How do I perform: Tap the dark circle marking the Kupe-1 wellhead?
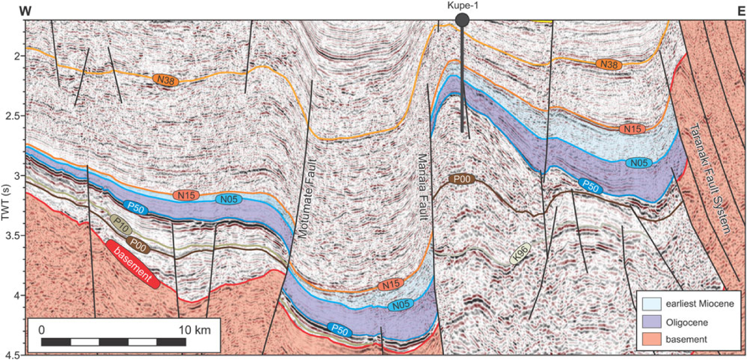tap(462, 20)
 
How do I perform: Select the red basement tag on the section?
tap(133, 264)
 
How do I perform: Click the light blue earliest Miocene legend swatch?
tap(653, 304)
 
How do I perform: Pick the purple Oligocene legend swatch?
tap(653, 322)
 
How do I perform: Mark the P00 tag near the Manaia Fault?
tap(461, 179)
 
